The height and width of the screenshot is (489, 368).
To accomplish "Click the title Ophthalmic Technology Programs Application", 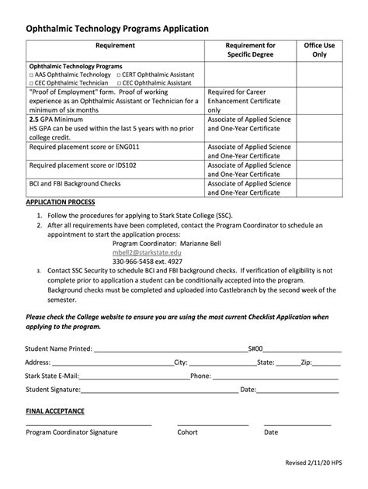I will (x=117, y=28).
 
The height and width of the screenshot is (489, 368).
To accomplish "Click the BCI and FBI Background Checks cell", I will (x=74, y=184).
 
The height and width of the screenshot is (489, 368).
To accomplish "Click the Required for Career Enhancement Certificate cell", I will (x=249, y=100).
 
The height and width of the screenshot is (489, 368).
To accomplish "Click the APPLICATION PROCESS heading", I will (x=61, y=201).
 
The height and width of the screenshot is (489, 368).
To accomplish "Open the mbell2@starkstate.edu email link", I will (x=146, y=252).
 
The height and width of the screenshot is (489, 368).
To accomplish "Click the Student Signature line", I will (x=159, y=390).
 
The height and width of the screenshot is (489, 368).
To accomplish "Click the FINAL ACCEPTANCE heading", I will (x=55, y=411).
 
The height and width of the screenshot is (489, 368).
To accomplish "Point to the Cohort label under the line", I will (x=188, y=432).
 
